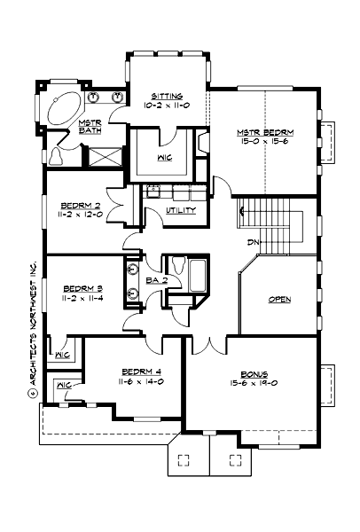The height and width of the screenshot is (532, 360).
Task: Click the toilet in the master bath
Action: click(56, 157)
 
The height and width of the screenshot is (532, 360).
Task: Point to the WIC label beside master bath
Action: click(164, 160)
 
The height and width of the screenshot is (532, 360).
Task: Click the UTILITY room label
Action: click(181, 210)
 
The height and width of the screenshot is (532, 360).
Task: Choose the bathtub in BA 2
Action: click(197, 276)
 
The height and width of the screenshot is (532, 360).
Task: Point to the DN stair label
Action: click(253, 242)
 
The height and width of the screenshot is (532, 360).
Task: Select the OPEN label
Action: click(279, 300)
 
